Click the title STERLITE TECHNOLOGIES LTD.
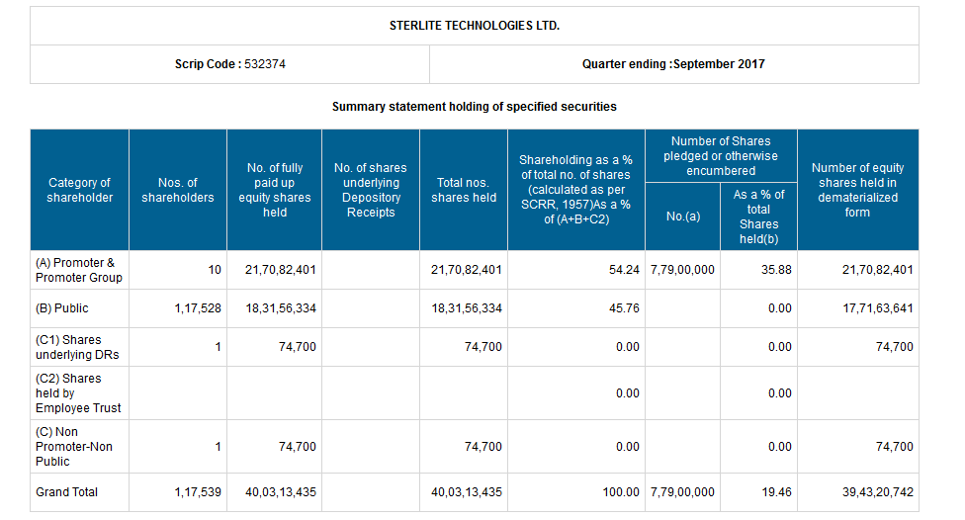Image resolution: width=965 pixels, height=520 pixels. (475, 25)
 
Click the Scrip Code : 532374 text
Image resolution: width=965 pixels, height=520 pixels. (230, 64)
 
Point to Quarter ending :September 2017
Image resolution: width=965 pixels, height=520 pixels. (673, 64)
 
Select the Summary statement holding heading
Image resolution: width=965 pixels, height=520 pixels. (475, 106)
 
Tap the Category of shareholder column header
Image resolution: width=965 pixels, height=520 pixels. (79, 190)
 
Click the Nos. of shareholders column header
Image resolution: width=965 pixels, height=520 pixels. (178, 190)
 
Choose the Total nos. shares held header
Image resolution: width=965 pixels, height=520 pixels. (464, 190)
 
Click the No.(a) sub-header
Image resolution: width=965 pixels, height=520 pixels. (682, 217)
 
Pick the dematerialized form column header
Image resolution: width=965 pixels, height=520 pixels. (857, 190)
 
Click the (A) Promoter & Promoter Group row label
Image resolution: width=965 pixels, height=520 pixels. (79, 270)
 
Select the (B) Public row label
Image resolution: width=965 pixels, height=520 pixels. (62, 308)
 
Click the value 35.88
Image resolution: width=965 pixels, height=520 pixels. (777, 270)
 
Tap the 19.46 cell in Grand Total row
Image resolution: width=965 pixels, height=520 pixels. (777, 491)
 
